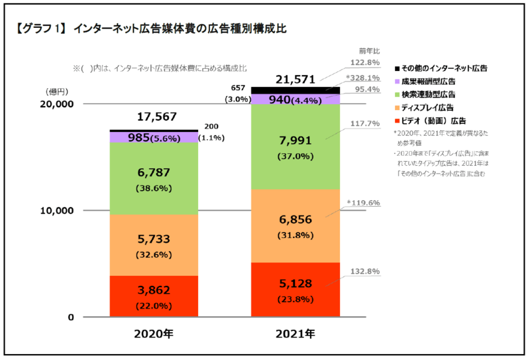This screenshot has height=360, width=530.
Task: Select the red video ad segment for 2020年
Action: click(154, 296)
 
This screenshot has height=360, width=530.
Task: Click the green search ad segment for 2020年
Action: click(154, 178)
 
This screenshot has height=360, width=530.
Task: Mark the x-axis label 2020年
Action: click(154, 335)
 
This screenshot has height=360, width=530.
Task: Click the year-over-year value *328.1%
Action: click(362, 78)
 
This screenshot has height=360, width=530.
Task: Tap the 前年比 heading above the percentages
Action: click(368, 51)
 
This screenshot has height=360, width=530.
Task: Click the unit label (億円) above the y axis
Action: click(56, 91)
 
